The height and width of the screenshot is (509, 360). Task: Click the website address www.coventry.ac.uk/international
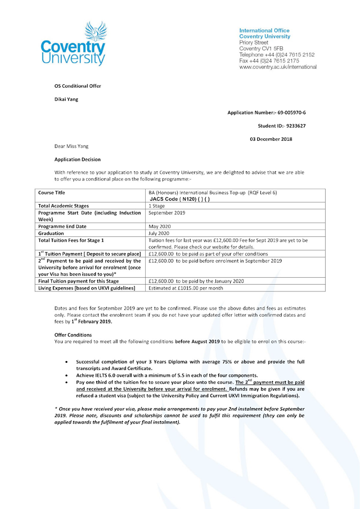point(278,67)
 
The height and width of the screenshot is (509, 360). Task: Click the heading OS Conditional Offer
point(78,86)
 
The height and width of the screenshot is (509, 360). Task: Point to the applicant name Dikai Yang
point(66,100)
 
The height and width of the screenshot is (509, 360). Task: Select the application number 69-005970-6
point(290,112)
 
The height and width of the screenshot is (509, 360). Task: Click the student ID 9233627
point(295,126)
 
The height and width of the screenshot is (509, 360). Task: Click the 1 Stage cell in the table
point(157,206)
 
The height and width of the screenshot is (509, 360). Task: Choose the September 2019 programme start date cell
point(167,213)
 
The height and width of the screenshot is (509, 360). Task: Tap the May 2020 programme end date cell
point(159,226)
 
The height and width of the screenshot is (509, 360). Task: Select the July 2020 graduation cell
point(159,233)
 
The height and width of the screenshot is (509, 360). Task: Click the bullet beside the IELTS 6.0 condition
point(68,375)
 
